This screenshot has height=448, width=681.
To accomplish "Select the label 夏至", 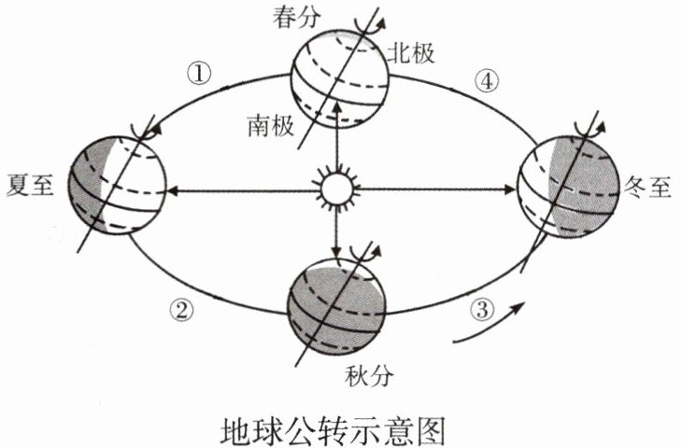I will (x=30, y=183).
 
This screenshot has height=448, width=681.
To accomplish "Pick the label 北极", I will (x=413, y=54).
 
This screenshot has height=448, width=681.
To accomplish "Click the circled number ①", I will (x=200, y=72).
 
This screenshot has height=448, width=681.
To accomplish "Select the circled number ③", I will (x=480, y=309).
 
